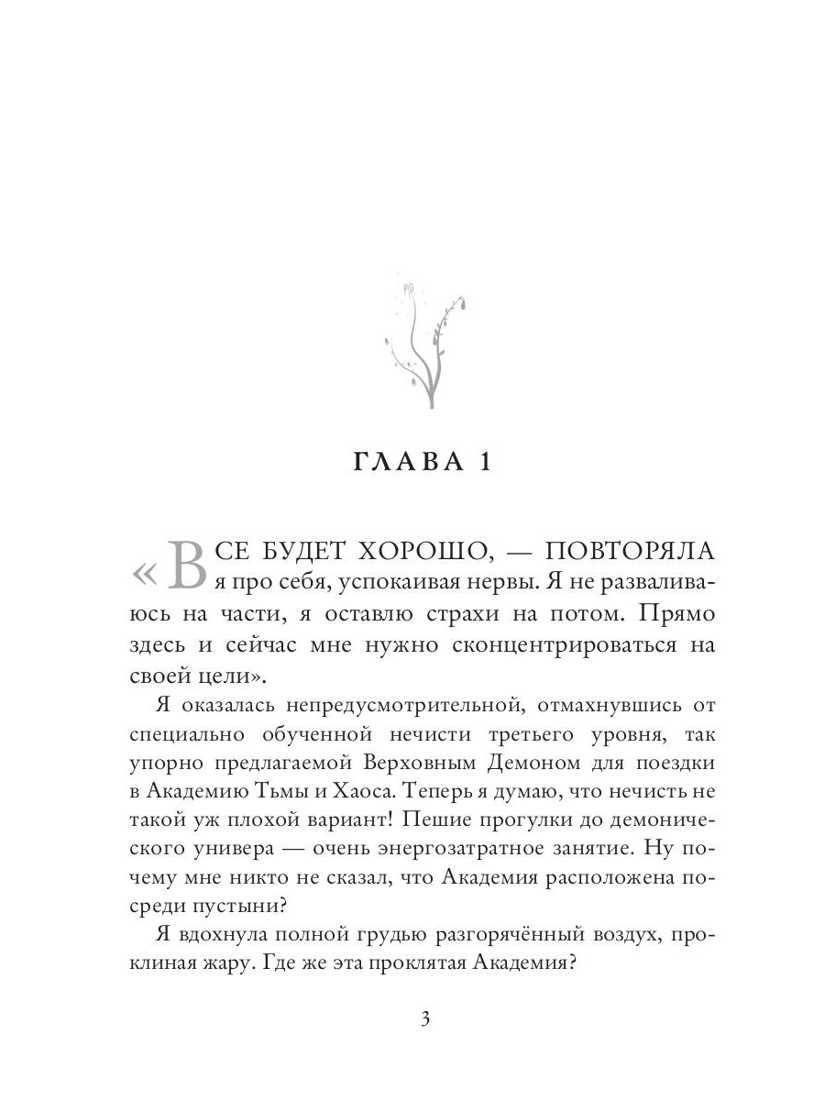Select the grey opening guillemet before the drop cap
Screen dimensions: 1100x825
pyautogui.click(x=145, y=574)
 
